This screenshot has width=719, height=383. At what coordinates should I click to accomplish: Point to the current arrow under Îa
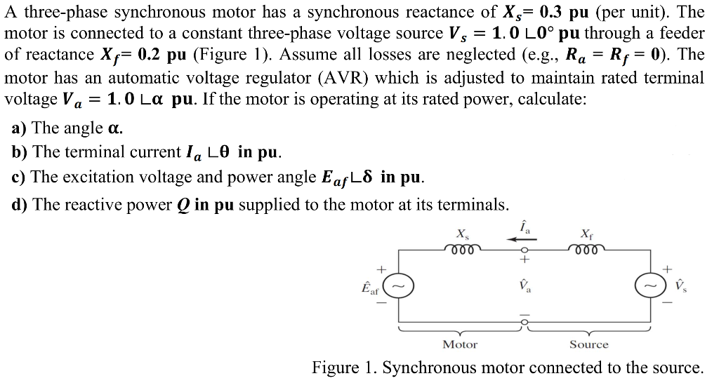522,238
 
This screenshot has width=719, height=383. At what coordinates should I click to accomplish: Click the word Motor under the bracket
460,344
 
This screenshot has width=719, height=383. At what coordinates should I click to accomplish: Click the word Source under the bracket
588,344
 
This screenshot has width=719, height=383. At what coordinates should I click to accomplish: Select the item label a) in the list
20,128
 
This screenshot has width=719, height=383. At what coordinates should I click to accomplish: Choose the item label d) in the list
20,205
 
